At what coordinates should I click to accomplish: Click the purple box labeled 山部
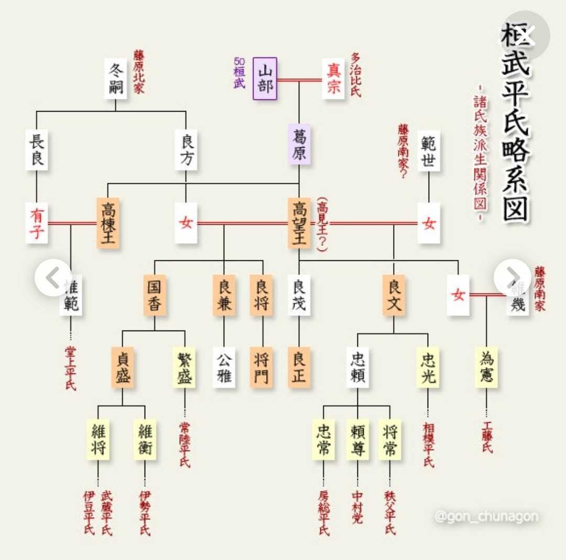(x=265, y=79)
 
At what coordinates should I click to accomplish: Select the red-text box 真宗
(x=333, y=79)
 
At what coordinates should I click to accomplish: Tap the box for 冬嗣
(x=116, y=79)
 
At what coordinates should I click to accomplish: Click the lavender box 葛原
(x=299, y=145)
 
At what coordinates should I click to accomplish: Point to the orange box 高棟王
(x=108, y=223)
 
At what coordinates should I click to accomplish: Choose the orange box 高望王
(x=299, y=223)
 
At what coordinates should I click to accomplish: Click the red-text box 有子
(x=36, y=223)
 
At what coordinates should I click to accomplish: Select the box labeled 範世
(x=429, y=151)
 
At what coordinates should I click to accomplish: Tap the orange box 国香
(x=155, y=295)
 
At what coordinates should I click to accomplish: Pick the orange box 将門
(x=262, y=367)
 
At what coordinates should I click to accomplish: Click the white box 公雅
(x=224, y=367)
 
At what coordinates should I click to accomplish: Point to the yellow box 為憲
(x=486, y=367)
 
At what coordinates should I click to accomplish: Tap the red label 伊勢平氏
(x=145, y=512)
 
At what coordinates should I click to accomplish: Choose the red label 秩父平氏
(x=389, y=512)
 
